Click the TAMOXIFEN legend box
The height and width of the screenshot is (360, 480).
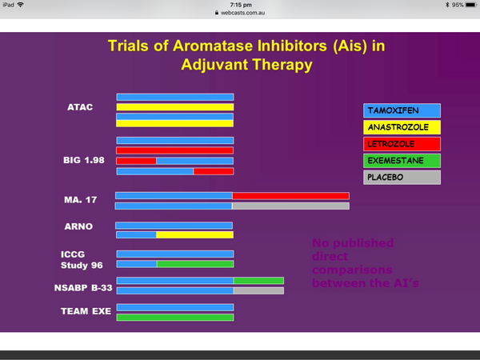click(x=402, y=110)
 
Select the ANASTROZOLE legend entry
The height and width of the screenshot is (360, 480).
click(x=402, y=127)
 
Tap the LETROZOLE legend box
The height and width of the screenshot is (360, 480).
click(x=402, y=144)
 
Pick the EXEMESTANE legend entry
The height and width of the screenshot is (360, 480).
click(x=402, y=161)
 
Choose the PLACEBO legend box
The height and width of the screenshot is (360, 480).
click(x=402, y=178)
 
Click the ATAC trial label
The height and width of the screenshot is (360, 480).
click(x=80, y=107)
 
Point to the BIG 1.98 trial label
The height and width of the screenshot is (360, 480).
click(x=84, y=160)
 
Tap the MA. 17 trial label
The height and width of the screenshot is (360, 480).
click(x=81, y=200)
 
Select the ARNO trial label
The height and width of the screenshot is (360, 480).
click(x=78, y=226)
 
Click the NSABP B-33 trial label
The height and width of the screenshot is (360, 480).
click(x=83, y=288)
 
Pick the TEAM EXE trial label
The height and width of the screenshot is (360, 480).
click(x=86, y=311)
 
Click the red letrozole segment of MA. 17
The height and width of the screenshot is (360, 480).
click(x=291, y=196)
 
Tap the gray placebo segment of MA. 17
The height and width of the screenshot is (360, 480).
click(x=291, y=206)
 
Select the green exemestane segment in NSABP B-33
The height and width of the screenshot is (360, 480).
click(x=258, y=281)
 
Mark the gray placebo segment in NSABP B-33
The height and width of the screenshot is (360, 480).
click(x=258, y=290)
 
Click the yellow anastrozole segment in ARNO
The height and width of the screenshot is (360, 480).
click(x=195, y=234)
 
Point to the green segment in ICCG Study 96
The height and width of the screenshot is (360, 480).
click(x=195, y=264)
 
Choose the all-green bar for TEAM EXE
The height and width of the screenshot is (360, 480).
click(x=175, y=317)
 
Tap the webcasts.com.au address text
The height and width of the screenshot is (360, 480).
click(x=242, y=13)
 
